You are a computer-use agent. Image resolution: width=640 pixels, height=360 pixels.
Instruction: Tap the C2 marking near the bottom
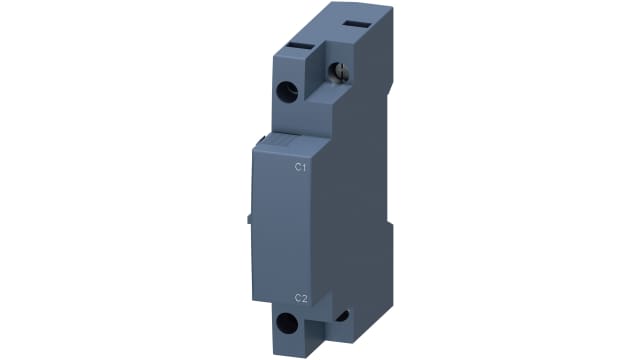[x=299, y=297]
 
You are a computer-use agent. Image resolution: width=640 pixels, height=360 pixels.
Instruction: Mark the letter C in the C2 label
[x=296, y=297]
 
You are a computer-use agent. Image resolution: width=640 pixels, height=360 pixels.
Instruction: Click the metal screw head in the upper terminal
[x=339, y=71]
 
